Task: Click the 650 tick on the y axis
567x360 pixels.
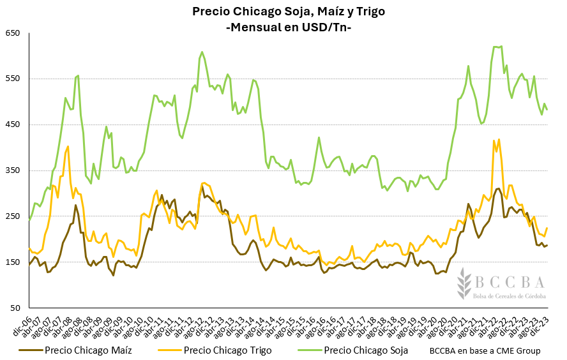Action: pos(13,33)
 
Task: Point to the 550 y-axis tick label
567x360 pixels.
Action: pos(13,79)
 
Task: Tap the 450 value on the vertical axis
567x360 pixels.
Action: pos(13,124)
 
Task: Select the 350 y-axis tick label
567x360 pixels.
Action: pos(13,170)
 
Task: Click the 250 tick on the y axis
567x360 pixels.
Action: pos(13,216)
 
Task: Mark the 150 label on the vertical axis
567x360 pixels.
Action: pos(13,262)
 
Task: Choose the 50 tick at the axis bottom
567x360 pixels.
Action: pos(15,308)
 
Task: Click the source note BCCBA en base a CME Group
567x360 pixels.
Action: pos(485,350)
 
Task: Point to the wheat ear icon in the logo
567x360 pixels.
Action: pos(462,287)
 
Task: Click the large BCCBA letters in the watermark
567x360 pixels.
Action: pos(509,282)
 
